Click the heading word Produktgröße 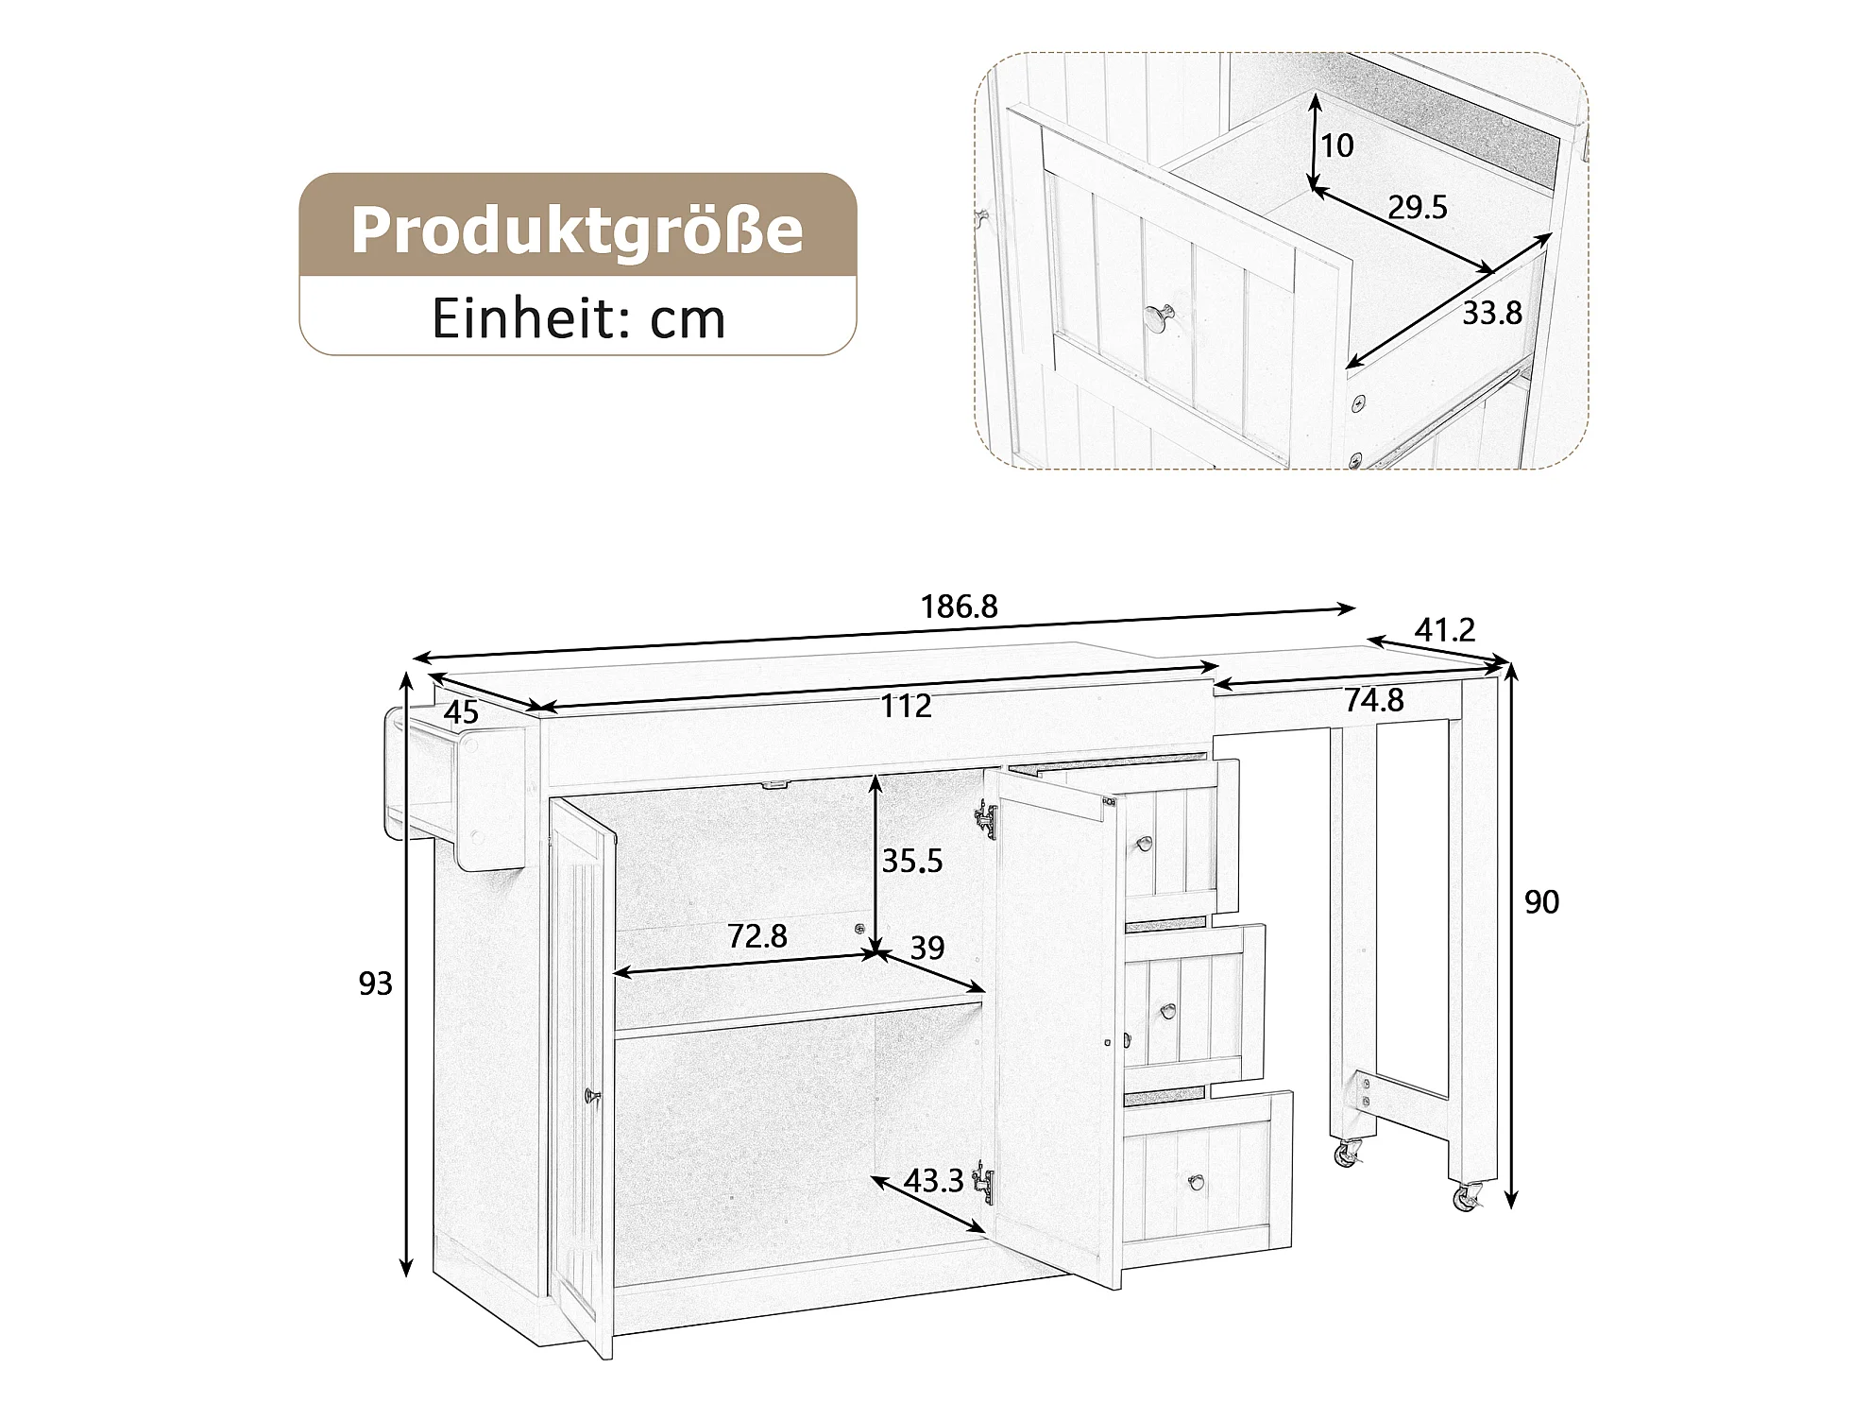(x=577, y=229)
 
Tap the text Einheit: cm (x=579, y=319)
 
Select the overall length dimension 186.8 (x=959, y=607)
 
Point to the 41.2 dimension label (x=1445, y=629)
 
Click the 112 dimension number (x=907, y=706)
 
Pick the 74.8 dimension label (x=1374, y=700)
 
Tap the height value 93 (x=375, y=984)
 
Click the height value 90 (x=1541, y=902)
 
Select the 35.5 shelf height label (x=912, y=861)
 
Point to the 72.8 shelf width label (x=757, y=936)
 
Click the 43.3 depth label (x=933, y=1180)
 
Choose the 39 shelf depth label (x=927, y=948)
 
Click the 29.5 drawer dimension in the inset (x=1417, y=207)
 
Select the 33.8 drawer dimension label (x=1492, y=313)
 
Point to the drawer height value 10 (x=1337, y=145)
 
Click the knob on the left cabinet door (x=592, y=1095)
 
